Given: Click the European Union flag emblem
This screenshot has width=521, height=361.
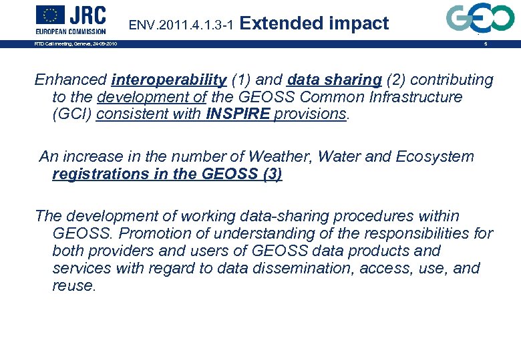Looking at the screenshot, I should [x=49, y=15].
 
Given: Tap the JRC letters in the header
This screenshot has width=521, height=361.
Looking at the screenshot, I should [x=86, y=15].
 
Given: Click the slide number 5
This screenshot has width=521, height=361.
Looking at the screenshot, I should [x=486, y=44].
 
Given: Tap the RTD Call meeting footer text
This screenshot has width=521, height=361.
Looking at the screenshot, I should [x=75, y=44].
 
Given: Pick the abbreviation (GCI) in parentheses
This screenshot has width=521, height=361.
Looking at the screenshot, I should [x=71, y=114].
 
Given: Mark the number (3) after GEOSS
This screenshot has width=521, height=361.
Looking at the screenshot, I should [x=272, y=174].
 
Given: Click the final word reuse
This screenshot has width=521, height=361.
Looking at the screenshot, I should [x=73, y=285].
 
